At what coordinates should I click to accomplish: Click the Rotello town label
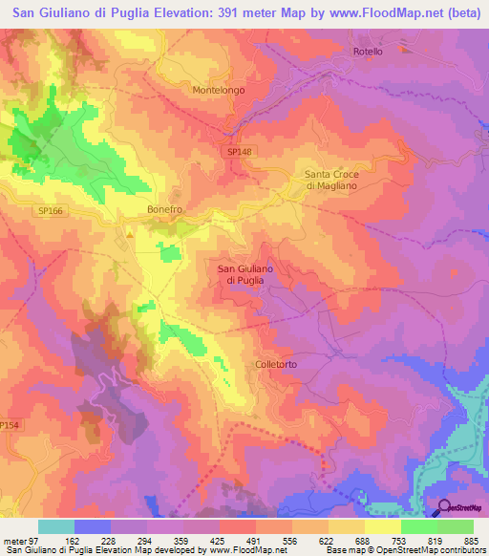(368, 52)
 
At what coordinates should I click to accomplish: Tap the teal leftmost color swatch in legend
(56, 526)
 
